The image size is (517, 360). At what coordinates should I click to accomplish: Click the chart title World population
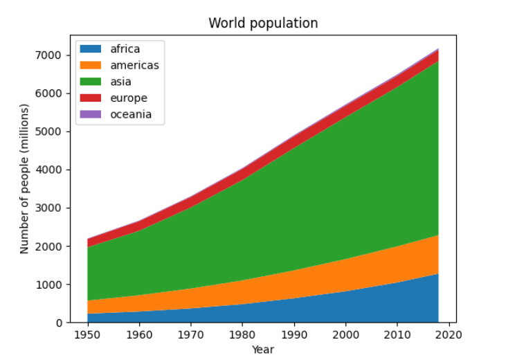(x=263, y=23)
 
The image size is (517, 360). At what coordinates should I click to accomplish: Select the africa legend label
(x=125, y=49)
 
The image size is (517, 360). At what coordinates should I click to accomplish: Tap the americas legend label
(x=134, y=65)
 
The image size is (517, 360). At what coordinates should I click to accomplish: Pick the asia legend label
(x=120, y=82)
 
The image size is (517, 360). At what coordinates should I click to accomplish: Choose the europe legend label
(x=129, y=98)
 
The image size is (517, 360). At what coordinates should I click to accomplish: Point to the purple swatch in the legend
(x=91, y=114)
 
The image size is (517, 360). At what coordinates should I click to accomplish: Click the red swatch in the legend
(x=91, y=98)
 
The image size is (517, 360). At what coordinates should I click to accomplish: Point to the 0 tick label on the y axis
(x=60, y=323)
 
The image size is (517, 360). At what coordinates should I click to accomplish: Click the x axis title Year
(x=263, y=350)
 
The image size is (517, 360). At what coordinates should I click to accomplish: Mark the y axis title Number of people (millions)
(x=25, y=179)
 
